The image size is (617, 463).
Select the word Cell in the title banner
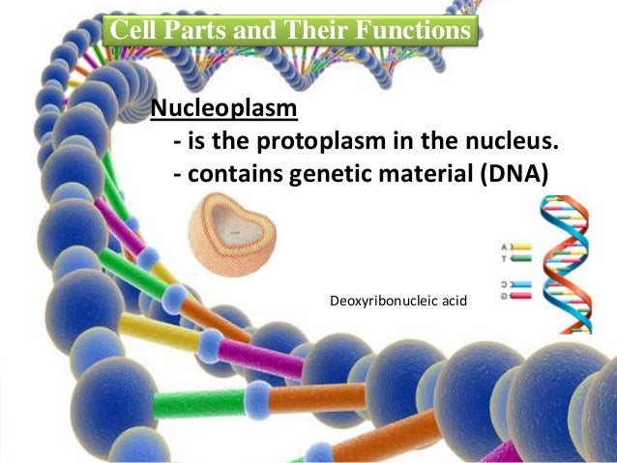(132, 31)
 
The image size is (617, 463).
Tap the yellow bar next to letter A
(520, 246)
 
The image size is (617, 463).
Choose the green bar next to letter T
(520, 259)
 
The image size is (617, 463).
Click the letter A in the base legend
(504, 246)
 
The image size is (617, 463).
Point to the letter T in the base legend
(504, 259)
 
